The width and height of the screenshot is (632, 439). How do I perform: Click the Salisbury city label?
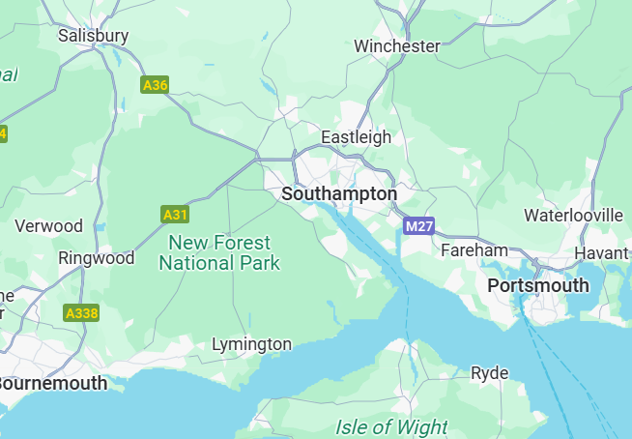tap(93, 36)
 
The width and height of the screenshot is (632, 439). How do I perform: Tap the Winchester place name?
tap(396, 45)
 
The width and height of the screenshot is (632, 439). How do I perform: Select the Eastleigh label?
tap(356, 136)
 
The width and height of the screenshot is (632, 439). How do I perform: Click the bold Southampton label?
tap(338, 194)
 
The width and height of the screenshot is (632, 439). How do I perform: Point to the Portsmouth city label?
tap(538, 285)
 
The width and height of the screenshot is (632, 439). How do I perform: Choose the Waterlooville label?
tap(573, 215)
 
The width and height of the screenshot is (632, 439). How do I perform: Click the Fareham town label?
tap(474, 250)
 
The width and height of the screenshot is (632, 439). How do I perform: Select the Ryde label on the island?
tap(489, 373)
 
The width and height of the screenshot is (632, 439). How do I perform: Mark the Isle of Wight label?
tap(391, 426)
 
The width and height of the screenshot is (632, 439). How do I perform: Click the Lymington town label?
tap(251, 344)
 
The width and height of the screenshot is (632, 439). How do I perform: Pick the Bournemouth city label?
tap(51, 383)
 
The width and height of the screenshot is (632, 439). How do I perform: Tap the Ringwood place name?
tap(97, 258)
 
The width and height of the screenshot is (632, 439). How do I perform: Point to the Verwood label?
tap(49, 226)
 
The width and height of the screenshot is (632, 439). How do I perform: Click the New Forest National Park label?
tap(219, 252)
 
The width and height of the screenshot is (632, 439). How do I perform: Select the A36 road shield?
tap(155, 85)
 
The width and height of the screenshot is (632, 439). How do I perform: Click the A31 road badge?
tap(174, 214)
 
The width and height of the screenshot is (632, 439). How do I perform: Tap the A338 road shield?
tap(81, 313)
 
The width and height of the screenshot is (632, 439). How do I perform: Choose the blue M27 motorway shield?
tap(418, 226)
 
